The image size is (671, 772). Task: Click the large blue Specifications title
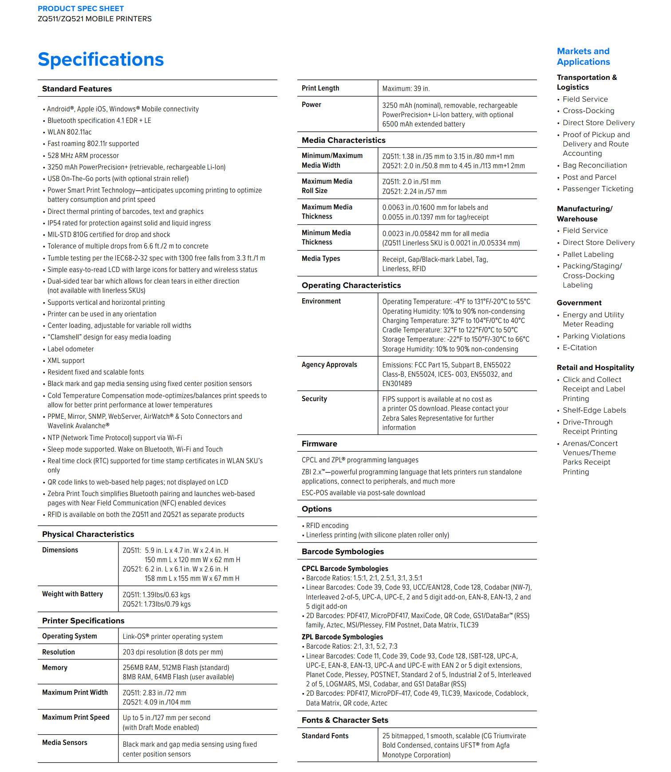101,59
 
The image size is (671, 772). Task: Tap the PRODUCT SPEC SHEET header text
81,8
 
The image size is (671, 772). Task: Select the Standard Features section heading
77,89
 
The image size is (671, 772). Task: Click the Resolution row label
59,652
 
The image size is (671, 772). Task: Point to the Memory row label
55,667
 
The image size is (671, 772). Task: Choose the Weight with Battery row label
72,594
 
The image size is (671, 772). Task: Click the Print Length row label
320,88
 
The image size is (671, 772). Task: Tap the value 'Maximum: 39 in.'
406,89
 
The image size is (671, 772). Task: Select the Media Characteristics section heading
343,140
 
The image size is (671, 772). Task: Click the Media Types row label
321,259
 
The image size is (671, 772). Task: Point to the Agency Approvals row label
329,365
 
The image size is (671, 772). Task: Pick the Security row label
314,399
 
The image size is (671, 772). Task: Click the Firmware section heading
320,444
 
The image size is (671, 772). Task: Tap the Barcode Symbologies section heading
343,551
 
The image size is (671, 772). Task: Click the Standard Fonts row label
325,736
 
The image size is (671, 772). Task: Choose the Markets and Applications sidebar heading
583,56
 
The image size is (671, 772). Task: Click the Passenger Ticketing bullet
598,189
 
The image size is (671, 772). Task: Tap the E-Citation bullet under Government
580,348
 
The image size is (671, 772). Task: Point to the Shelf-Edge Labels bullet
594,410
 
